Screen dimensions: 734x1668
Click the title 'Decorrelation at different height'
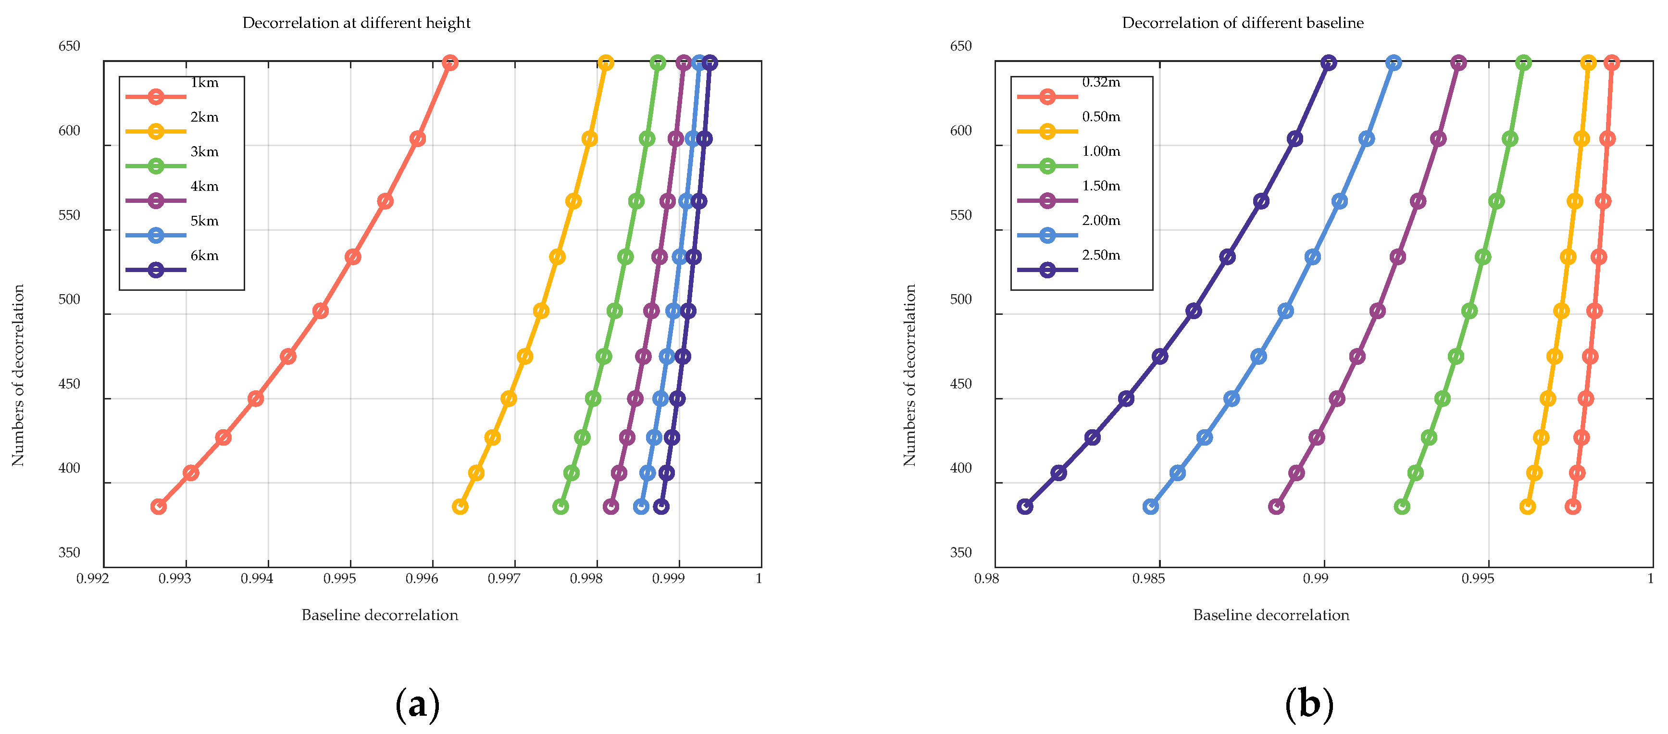click(x=356, y=23)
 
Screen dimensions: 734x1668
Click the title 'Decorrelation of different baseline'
click(x=1243, y=23)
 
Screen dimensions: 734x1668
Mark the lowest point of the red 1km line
click(x=159, y=507)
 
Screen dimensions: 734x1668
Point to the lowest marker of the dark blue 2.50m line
click(x=1025, y=507)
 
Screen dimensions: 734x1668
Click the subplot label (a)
click(x=417, y=704)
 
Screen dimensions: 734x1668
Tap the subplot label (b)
click(x=1308, y=704)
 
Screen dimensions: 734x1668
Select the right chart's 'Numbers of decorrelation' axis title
click(x=910, y=375)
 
